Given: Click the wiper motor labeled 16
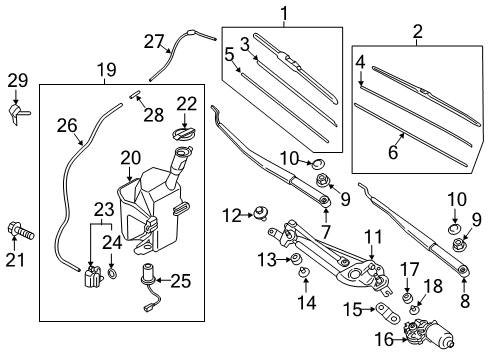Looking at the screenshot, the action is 428,334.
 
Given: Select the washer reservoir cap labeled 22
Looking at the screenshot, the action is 183,133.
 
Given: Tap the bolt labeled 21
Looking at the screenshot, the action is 20,231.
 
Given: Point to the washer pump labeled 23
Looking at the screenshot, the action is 92,276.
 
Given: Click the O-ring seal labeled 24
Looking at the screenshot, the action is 112,274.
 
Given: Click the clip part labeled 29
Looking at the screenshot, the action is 18,113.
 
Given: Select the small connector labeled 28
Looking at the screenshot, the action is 134,94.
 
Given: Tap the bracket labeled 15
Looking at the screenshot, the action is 388,312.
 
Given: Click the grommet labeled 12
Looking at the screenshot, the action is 261,213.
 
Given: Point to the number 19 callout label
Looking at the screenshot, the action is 107,70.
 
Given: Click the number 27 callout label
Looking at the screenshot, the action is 154,42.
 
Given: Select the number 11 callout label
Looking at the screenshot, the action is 372,237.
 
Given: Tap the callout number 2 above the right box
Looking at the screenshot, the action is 417,32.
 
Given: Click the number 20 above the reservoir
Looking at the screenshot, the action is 131,158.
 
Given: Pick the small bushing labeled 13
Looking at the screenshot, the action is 296,259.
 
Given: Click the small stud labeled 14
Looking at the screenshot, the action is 303,272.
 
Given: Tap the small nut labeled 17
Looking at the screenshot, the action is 407,298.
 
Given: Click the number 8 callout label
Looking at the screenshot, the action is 465,301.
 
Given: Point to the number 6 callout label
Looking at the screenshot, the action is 393,152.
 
